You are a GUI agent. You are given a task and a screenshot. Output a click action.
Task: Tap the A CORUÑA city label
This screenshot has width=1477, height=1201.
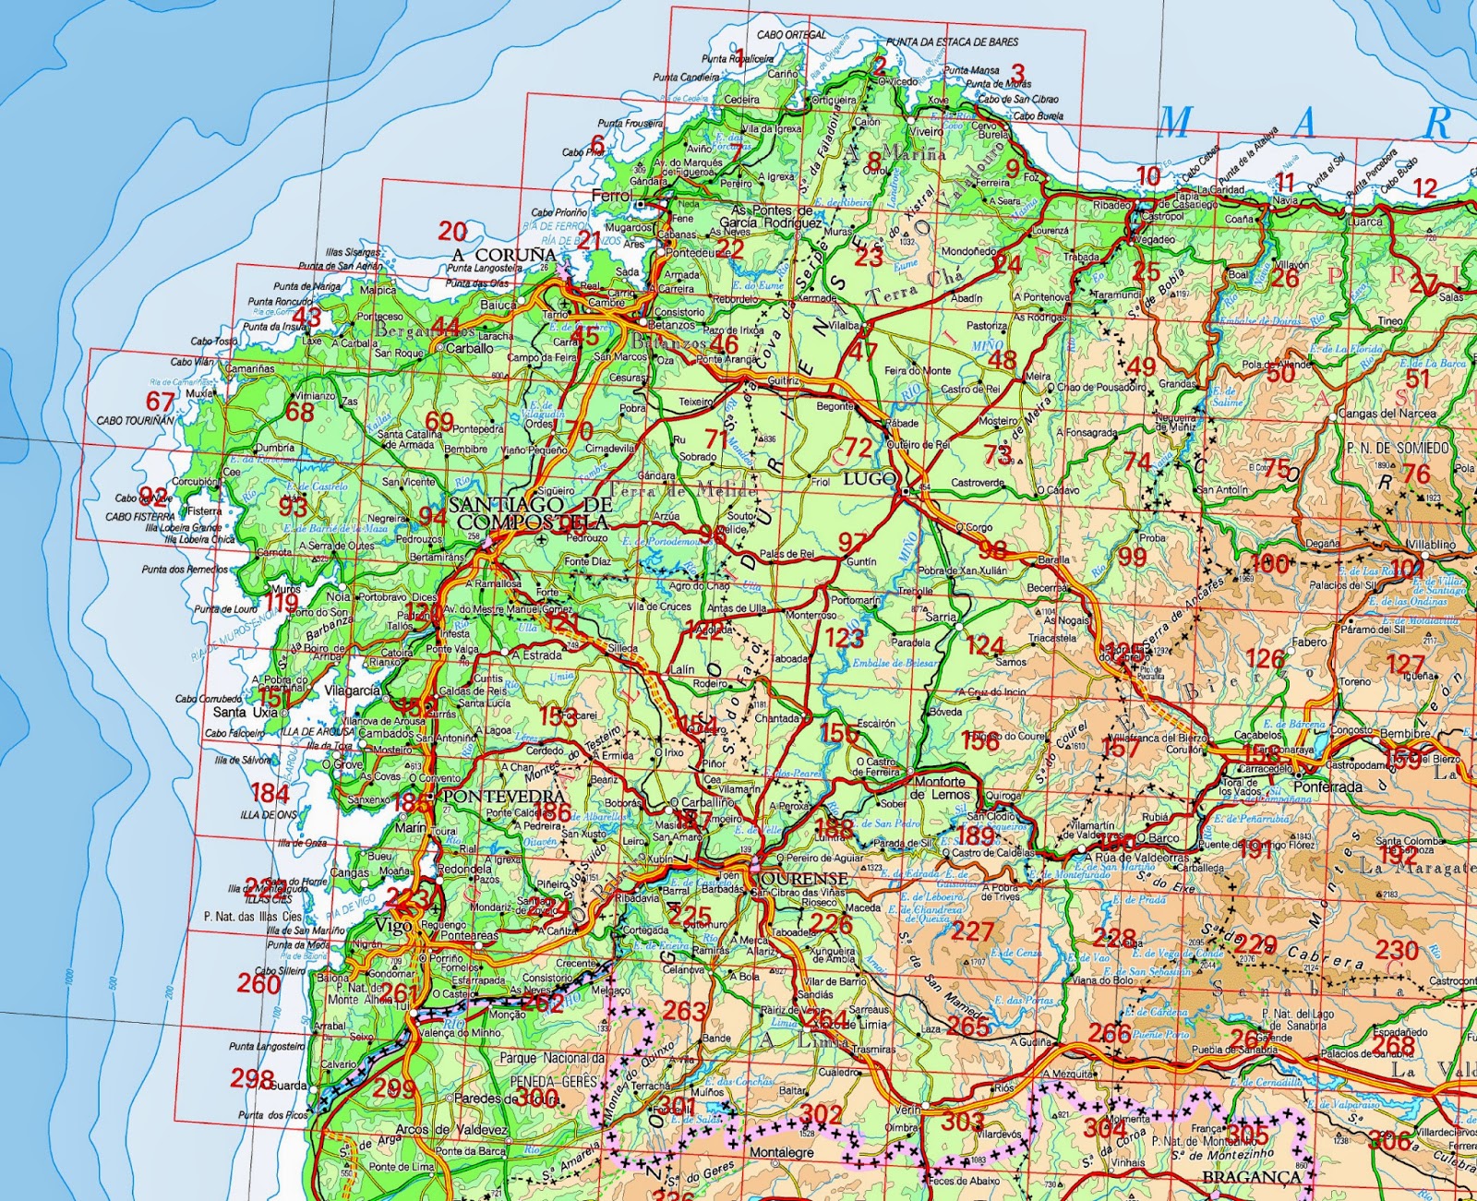(504, 254)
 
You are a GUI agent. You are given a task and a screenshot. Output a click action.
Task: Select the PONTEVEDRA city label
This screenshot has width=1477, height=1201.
(504, 796)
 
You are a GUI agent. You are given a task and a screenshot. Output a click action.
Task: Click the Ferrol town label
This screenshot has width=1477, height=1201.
(612, 196)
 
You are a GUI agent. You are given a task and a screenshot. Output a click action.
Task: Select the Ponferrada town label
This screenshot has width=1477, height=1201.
(1327, 787)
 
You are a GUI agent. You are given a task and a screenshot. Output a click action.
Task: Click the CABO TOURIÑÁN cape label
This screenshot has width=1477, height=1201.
(135, 420)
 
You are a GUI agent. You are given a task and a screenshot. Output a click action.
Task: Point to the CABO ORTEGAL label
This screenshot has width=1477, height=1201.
(791, 35)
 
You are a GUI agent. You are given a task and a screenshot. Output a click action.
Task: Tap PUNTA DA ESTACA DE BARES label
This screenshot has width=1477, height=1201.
(952, 42)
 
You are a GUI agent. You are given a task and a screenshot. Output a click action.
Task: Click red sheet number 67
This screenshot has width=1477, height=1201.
(160, 401)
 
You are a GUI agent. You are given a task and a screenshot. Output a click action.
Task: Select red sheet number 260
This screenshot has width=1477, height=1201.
(258, 984)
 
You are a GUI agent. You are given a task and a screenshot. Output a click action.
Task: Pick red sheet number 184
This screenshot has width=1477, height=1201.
(270, 793)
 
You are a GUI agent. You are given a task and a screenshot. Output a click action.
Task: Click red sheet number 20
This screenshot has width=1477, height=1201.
(452, 231)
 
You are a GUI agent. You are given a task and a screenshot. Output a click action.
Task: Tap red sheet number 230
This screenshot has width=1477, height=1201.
(1397, 949)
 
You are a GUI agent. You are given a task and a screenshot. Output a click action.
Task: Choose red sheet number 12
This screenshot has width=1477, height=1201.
(1425, 188)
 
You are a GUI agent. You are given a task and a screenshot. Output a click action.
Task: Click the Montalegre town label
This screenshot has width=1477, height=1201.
(781, 1153)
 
